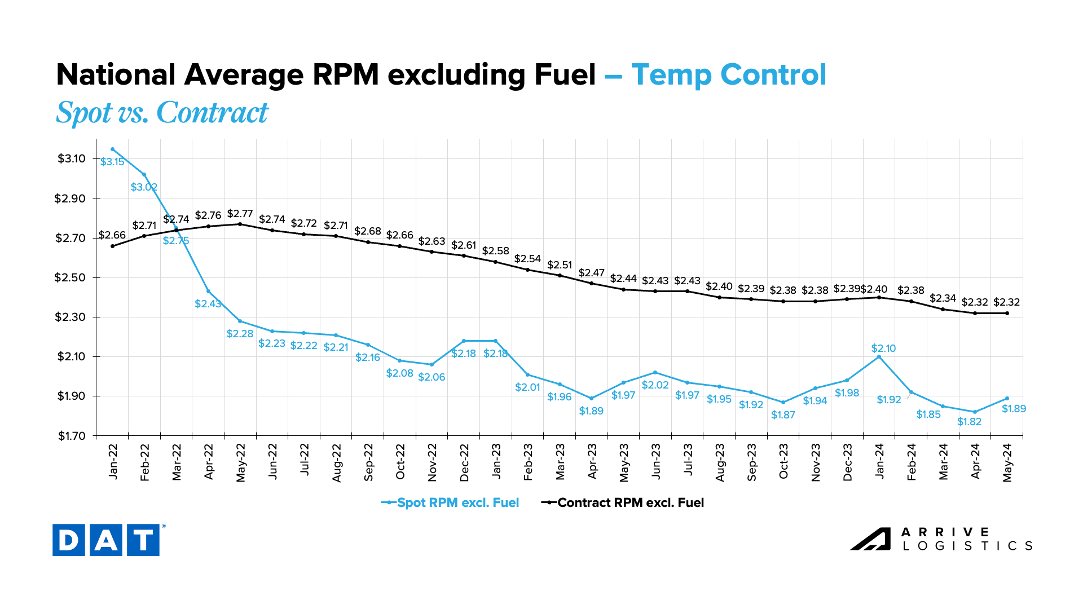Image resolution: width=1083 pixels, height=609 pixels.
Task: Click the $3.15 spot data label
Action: (x=112, y=162)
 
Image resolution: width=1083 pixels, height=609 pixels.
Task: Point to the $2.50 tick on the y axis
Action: (x=70, y=277)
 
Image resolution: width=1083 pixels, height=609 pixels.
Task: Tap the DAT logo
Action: (x=106, y=540)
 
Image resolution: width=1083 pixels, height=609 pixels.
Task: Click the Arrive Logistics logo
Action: (x=941, y=539)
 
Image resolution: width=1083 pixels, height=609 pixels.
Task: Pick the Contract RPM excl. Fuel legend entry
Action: (x=623, y=502)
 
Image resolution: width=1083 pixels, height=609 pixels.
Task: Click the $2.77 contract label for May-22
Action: (x=240, y=214)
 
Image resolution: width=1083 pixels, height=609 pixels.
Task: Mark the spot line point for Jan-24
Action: (x=879, y=356)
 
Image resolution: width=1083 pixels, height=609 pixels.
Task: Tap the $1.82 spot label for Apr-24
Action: (x=969, y=422)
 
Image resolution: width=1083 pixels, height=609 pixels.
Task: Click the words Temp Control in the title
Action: (x=728, y=74)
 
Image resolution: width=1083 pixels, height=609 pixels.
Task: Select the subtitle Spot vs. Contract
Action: (x=162, y=112)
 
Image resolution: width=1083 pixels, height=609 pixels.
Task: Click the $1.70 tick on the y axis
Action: (x=71, y=436)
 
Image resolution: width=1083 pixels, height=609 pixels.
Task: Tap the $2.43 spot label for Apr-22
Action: (x=208, y=304)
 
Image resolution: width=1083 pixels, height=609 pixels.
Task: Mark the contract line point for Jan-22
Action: (x=112, y=246)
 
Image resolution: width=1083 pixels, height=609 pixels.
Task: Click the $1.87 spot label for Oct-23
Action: (x=783, y=415)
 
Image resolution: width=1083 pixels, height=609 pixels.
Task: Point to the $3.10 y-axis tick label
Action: (x=71, y=158)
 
